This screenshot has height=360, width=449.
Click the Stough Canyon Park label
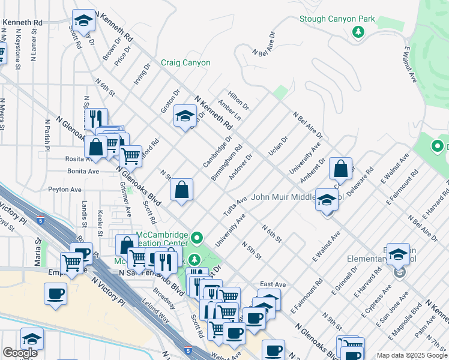[x=337, y=19]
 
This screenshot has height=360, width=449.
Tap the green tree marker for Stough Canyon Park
[x=358, y=32]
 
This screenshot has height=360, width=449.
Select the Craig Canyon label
[x=185, y=62]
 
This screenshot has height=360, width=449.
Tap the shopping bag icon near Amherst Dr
[x=340, y=170]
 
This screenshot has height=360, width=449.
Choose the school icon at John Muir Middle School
[x=327, y=200]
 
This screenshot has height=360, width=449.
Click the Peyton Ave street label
[x=66, y=189]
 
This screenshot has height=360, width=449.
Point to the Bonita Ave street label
[x=83, y=171]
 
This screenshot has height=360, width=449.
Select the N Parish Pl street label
[x=46, y=134]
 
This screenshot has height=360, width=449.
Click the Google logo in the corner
[x=20, y=353]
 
